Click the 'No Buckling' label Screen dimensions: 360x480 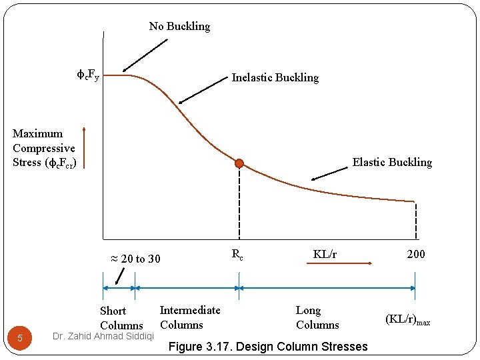(x=179, y=27)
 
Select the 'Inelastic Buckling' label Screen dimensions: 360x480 (x=275, y=77)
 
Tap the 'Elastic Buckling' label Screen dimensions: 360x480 (x=392, y=162)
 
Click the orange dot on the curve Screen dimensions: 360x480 (x=239, y=163)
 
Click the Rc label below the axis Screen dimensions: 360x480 (x=237, y=254)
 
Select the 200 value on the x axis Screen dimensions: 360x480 (x=415, y=254)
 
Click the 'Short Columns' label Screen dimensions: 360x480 (x=121, y=318)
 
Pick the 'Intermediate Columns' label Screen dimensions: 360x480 (x=189, y=317)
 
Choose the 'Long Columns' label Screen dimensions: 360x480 (x=317, y=317)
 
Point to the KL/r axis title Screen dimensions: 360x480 (x=325, y=254)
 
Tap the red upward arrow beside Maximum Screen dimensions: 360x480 (x=84, y=147)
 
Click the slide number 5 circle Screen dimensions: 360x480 (x=20, y=338)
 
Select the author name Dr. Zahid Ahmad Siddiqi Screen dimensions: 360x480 (x=103, y=336)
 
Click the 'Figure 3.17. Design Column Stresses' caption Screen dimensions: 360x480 (x=268, y=346)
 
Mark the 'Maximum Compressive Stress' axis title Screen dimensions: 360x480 (x=44, y=148)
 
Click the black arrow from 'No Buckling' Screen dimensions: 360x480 (x=145, y=54)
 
